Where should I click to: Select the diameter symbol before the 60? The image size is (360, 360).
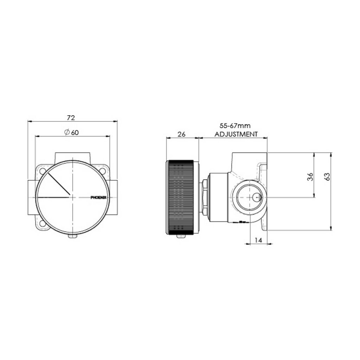[x=66, y=132]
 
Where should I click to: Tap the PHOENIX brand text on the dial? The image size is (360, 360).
[x=98, y=198]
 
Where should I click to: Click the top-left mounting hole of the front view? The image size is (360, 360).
[x=43, y=171]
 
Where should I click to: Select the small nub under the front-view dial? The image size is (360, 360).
[x=72, y=236]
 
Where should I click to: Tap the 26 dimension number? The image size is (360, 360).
[x=182, y=134]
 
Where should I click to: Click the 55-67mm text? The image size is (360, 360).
[x=235, y=126]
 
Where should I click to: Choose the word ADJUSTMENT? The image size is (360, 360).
[x=236, y=134]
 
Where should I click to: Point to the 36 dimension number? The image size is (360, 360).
[x=310, y=177]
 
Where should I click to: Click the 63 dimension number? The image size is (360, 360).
[x=327, y=177]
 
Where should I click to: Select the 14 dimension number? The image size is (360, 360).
[x=258, y=240]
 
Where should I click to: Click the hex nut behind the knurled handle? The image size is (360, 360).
[x=204, y=197]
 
